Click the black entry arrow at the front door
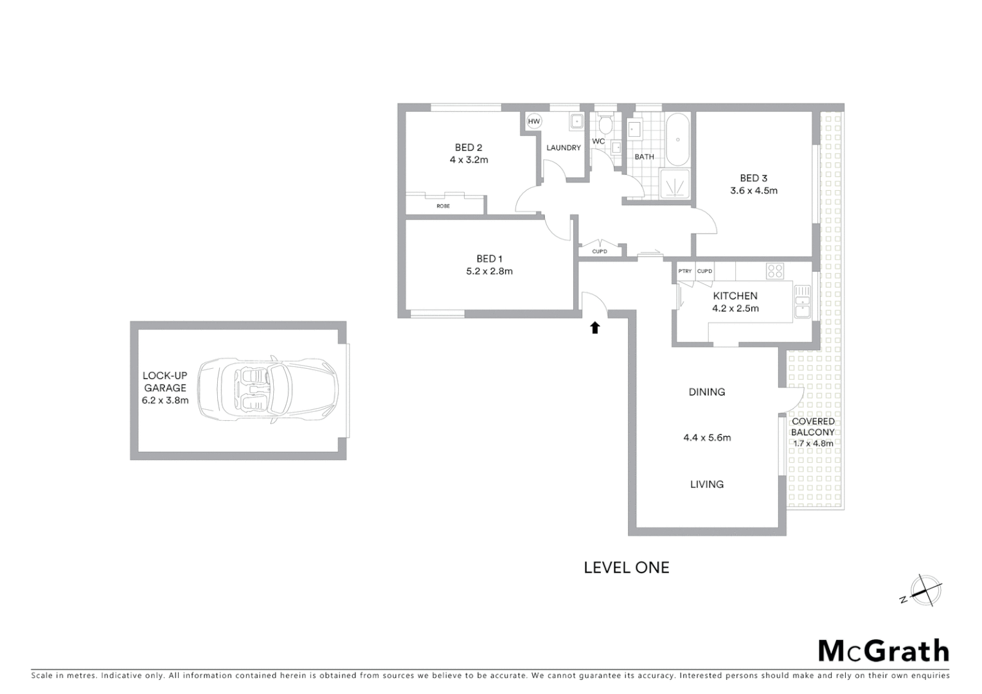click(595, 328)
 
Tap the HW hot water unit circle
click(534, 121)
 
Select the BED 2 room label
click(469, 148)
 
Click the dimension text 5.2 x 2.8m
click(489, 271)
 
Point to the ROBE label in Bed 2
click(443, 206)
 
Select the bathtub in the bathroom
click(677, 140)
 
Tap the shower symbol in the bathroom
click(675, 184)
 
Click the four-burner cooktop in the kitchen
click(774, 271)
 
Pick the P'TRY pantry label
click(685, 271)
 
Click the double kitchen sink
click(803, 301)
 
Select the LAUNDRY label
click(564, 148)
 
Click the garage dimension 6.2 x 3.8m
click(165, 400)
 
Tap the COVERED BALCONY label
click(813, 427)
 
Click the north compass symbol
click(925, 591)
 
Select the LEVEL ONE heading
click(626, 567)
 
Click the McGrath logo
click(883, 651)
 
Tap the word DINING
click(706, 392)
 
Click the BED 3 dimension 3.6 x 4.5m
click(753, 191)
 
